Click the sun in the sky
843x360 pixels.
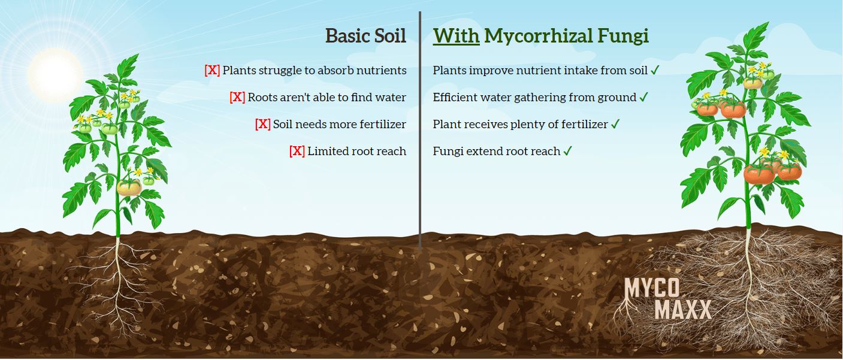point(55,74)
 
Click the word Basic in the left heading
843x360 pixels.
point(347,36)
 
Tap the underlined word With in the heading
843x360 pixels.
point(456,36)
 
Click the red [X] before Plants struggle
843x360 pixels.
point(212,70)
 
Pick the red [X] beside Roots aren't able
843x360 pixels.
point(237,97)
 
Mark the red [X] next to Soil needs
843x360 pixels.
point(262,124)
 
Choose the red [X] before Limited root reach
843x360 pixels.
point(297,151)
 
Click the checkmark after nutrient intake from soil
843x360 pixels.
point(655,70)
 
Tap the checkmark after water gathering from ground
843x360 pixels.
point(643,97)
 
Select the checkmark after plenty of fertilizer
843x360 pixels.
point(615,124)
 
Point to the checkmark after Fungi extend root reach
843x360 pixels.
point(567,151)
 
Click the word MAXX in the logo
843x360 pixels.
point(683,310)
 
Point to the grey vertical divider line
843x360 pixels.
point(420,130)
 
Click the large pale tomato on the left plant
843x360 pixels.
point(129,187)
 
